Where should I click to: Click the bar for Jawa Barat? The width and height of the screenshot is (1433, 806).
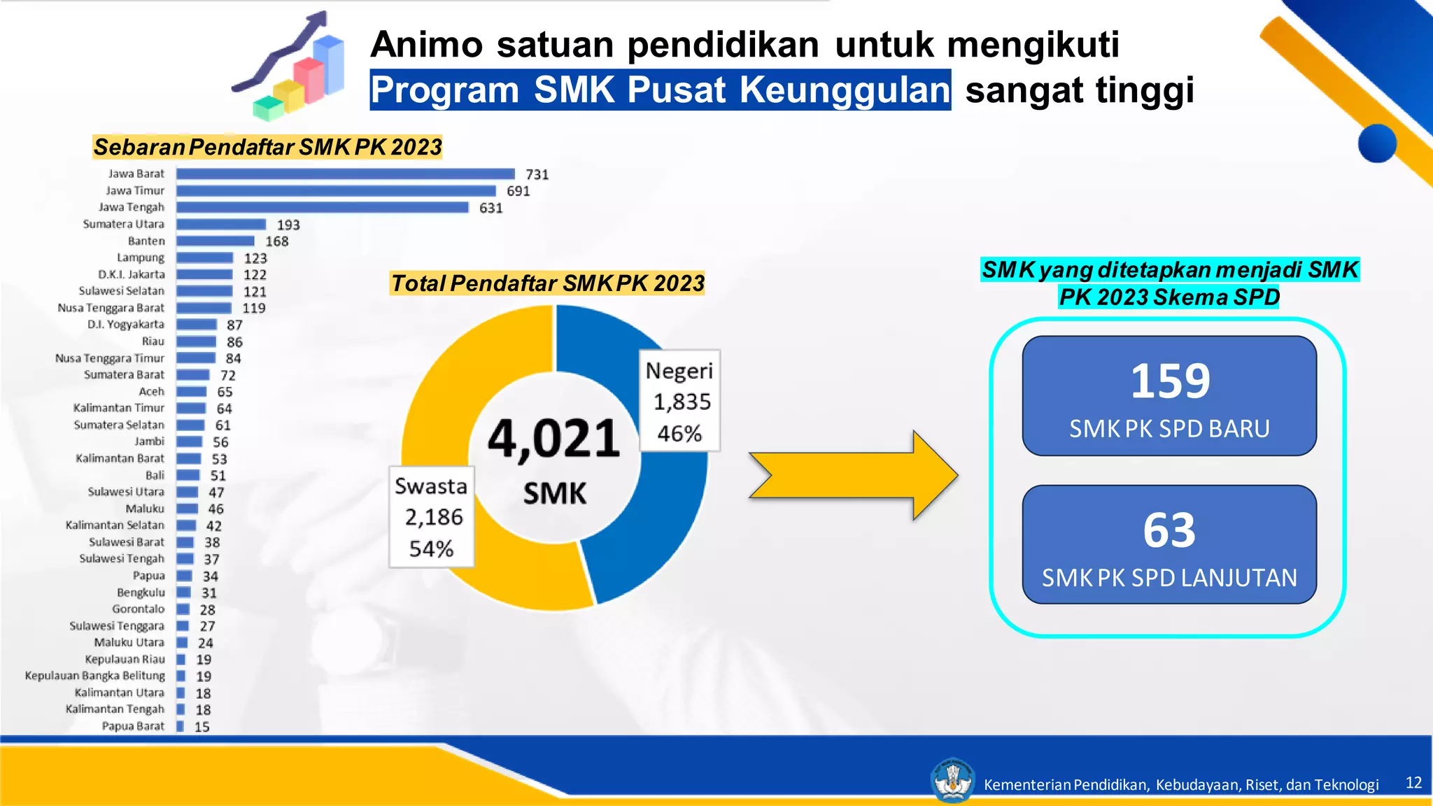pyautogui.click(x=345, y=174)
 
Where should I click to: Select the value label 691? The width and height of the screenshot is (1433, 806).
pyautogui.click(x=518, y=191)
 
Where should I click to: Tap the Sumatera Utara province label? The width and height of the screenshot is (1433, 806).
pyautogui.click(x=124, y=224)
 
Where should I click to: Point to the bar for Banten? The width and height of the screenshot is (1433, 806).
pyautogui.click(x=215, y=241)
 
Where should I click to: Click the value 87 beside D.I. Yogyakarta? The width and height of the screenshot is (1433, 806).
pyautogui.click(x=234, y=325)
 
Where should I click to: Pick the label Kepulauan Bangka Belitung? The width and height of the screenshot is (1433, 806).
pyautogui.click(x=95, y=676)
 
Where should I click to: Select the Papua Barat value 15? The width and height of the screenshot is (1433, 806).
pyautogui.click(x=202, y=727)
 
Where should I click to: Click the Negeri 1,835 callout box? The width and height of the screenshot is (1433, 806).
pyautogui.click(x=679, y=401)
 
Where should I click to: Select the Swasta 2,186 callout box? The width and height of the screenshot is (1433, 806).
pyautogui.click(x=432, y=516)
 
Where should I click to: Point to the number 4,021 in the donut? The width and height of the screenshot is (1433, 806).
pyautogui.click(x=553, y=439)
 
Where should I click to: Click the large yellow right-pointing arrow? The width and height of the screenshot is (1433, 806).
pyautogui.click(x=854, y=475)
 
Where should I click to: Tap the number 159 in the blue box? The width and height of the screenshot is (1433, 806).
pyautogui.click(x=1170, y=381)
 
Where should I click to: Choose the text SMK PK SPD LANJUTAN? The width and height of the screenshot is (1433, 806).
pyautogui.click(x=1169, y=578)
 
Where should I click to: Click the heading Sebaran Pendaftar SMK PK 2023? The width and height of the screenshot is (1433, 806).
pyautogui.click(x=268, y=147)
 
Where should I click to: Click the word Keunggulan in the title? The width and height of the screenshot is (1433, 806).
pyautogui.click(x=845, y=90)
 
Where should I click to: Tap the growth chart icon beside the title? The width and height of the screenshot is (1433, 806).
pyautogui.click(x=290, y=66)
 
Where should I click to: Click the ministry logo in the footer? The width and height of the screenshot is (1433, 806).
pyautogui.click(x=952, y=780)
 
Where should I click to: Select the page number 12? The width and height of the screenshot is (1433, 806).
pyautogui.click(x=1413, y=782)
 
